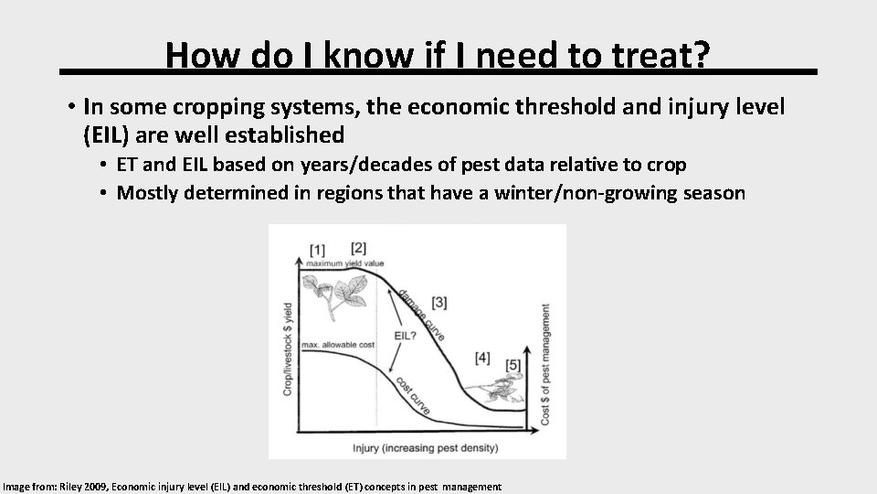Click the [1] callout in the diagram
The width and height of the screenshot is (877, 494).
click(317, 249)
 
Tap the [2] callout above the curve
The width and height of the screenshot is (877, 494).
click(358, 247)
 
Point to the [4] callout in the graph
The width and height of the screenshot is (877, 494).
click(482, 356)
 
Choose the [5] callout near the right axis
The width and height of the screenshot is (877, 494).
click(514, 366)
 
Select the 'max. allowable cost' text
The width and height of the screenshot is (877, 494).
click(338, 345)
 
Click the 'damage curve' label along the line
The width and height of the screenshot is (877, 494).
click(421, 316)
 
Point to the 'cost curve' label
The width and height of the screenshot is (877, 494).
click(411, 392)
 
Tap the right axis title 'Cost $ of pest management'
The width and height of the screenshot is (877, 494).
click(546, 363)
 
